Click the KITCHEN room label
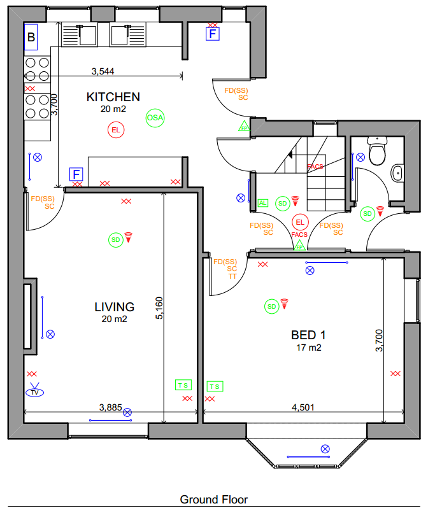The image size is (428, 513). tap(113, 97)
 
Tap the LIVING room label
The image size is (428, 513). tap(114, 307)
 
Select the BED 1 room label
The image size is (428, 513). tap(308, 335)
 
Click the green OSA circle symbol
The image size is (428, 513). tap(155, 118)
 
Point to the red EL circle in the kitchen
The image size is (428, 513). tap(116, 130)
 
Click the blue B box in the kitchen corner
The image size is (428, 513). tap(31, 37)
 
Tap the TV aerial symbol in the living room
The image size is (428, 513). tap(35, 390)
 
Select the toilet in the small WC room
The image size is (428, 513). tap(377, 151)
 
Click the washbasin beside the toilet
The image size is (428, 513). tap(397, 172)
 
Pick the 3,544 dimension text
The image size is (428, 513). tap(103, 71)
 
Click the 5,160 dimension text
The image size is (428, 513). tap(159, 308)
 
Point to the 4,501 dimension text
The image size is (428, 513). tap(303, 407)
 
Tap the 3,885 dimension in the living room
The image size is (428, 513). tap(111, 407)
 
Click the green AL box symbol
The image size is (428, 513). tap(262, 203)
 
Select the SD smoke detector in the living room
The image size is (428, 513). tap(115, 240)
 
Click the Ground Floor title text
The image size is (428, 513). tap(214, 500)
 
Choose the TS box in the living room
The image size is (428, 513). tap(183, 385)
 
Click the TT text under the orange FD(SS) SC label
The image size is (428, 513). tap(232, 276)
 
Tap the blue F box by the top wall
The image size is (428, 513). tap(213, 34)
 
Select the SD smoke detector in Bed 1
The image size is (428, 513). tap(272, 307)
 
